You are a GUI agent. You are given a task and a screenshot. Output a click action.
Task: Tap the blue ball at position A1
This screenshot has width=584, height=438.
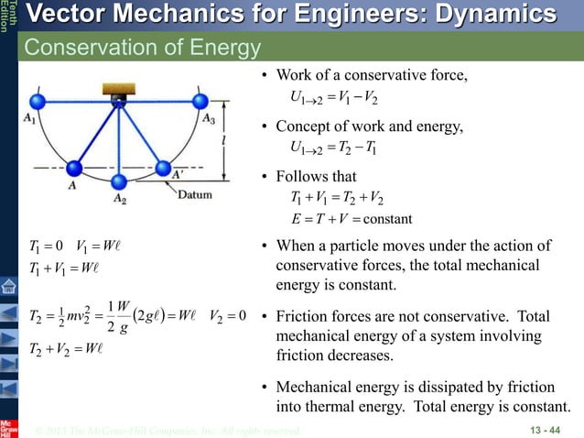point(38,100)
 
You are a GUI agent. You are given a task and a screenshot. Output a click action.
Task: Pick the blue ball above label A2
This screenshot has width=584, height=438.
point(117,179)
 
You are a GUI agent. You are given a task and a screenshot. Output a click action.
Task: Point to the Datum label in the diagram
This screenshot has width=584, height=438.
point(195,195)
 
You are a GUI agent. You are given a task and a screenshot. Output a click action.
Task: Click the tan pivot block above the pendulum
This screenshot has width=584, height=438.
point(118,92)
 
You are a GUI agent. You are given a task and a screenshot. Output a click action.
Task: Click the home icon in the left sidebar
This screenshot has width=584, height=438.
point(8,286)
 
